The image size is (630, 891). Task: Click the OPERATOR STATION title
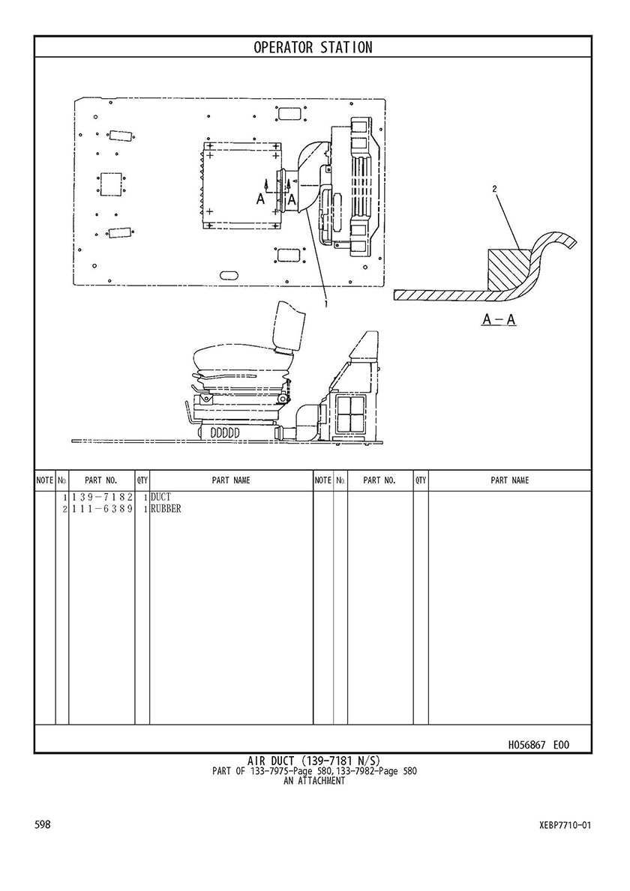(313, 47)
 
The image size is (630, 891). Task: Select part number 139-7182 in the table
(102, 498)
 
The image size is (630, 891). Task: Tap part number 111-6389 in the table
(102, 509)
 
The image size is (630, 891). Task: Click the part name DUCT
(160, 498)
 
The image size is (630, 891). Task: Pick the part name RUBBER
(166, 509)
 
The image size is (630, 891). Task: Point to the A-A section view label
(499, 320)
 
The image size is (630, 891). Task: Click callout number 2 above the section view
(495, 189)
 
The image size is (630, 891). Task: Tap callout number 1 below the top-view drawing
(326, 304)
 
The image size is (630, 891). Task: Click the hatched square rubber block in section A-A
(509, 269)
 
